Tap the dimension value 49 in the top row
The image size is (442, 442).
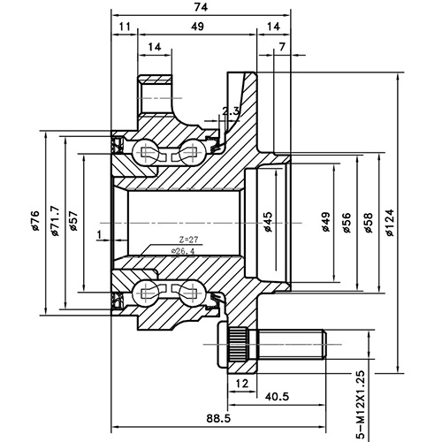click(197, 27)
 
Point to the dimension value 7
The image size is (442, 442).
click(281, 46)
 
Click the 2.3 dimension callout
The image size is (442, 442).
click(232, 111)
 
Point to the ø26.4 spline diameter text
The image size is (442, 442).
click(185, 251)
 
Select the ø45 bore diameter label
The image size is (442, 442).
click(267, 222)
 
